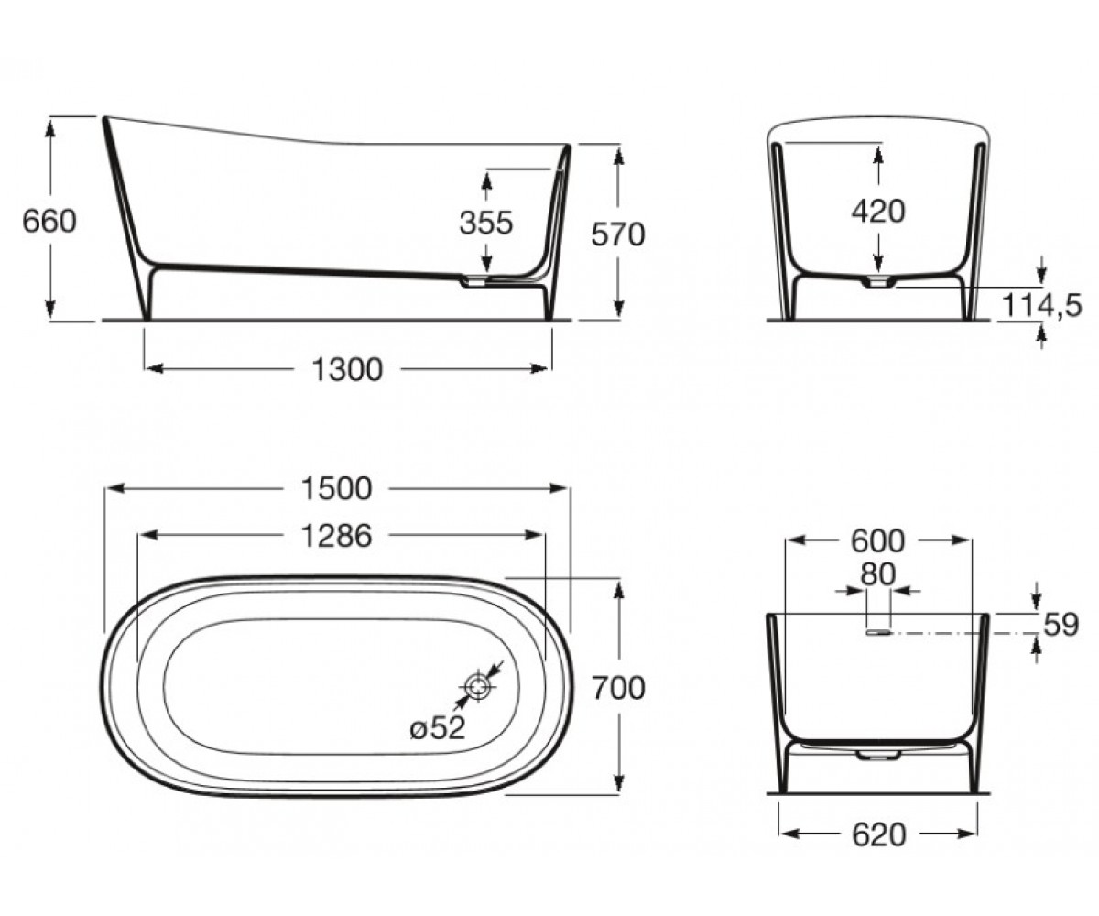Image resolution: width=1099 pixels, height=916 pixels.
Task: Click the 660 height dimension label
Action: click(49, 221)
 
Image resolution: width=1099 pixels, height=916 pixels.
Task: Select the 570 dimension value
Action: click(618, 234)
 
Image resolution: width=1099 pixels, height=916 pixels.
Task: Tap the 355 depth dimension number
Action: click(485, 223)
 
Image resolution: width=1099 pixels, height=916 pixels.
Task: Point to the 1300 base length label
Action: click(347, 369)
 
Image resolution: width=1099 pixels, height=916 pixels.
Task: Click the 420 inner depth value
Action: click(878, 212)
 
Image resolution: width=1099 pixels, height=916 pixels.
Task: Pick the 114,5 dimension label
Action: click(1041, 305)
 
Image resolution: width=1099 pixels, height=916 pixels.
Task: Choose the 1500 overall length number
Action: click(337, 488)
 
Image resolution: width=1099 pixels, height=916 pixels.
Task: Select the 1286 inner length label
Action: click(337, 536)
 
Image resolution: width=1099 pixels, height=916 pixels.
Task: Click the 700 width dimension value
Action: click(619, 688)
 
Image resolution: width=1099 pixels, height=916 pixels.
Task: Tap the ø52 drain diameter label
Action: click(438, 728)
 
